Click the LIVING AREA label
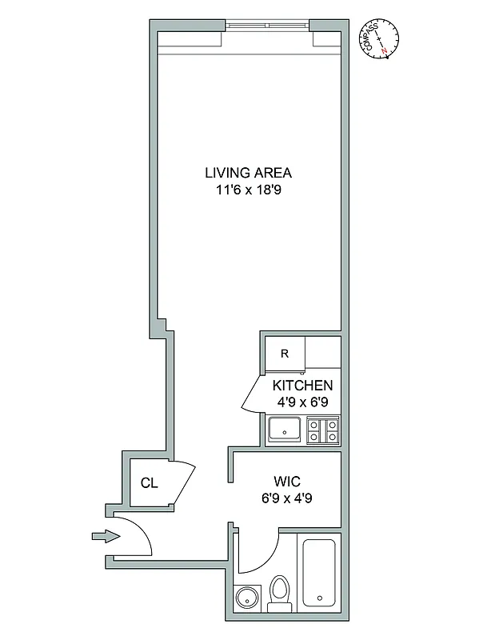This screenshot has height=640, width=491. coord(248,172)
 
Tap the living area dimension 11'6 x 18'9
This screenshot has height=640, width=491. coord(248,190)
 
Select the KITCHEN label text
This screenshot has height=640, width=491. coord(301,385)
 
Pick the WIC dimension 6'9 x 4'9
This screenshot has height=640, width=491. coord(286,499)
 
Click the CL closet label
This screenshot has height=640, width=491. coord(149,482)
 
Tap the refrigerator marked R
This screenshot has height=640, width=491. coord(284,353)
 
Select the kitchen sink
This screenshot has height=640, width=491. coord(284,430)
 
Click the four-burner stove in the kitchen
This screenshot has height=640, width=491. coord(324,430)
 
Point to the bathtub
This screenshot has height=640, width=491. coord(320,574)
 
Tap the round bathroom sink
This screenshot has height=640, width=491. coord(247,598)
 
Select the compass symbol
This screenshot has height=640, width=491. coord(381,38)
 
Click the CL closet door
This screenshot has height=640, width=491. coord(185,483)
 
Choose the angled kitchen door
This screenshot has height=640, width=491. coord(251,394)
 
